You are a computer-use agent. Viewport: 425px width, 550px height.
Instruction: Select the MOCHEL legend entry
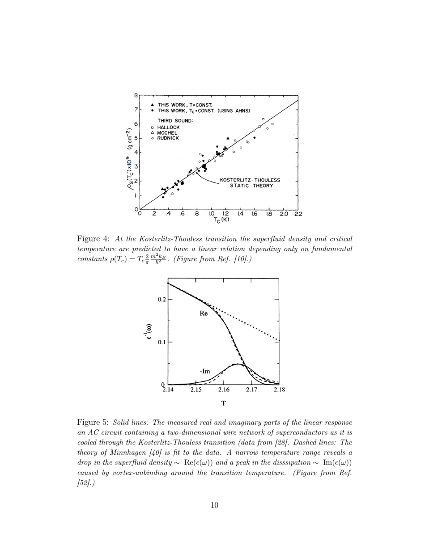pos(167,133)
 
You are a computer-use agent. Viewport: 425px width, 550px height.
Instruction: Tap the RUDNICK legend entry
pos(168,138)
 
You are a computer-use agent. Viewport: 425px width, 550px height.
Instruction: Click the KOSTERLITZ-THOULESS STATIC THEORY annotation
pos(250,183)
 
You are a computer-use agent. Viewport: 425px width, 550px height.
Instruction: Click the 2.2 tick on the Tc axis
pos(298,214)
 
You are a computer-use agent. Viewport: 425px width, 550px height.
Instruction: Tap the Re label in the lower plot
pos(204,314)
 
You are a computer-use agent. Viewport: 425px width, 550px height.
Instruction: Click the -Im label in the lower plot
pos(205,372)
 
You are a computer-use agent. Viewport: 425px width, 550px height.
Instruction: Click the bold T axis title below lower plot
pos(223,403)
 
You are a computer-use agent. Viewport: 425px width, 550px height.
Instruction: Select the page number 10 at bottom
pos(214,505)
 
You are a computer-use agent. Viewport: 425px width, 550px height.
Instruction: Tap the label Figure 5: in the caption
pos(93,422)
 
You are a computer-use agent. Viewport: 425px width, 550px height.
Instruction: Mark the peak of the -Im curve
pos(239,364)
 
